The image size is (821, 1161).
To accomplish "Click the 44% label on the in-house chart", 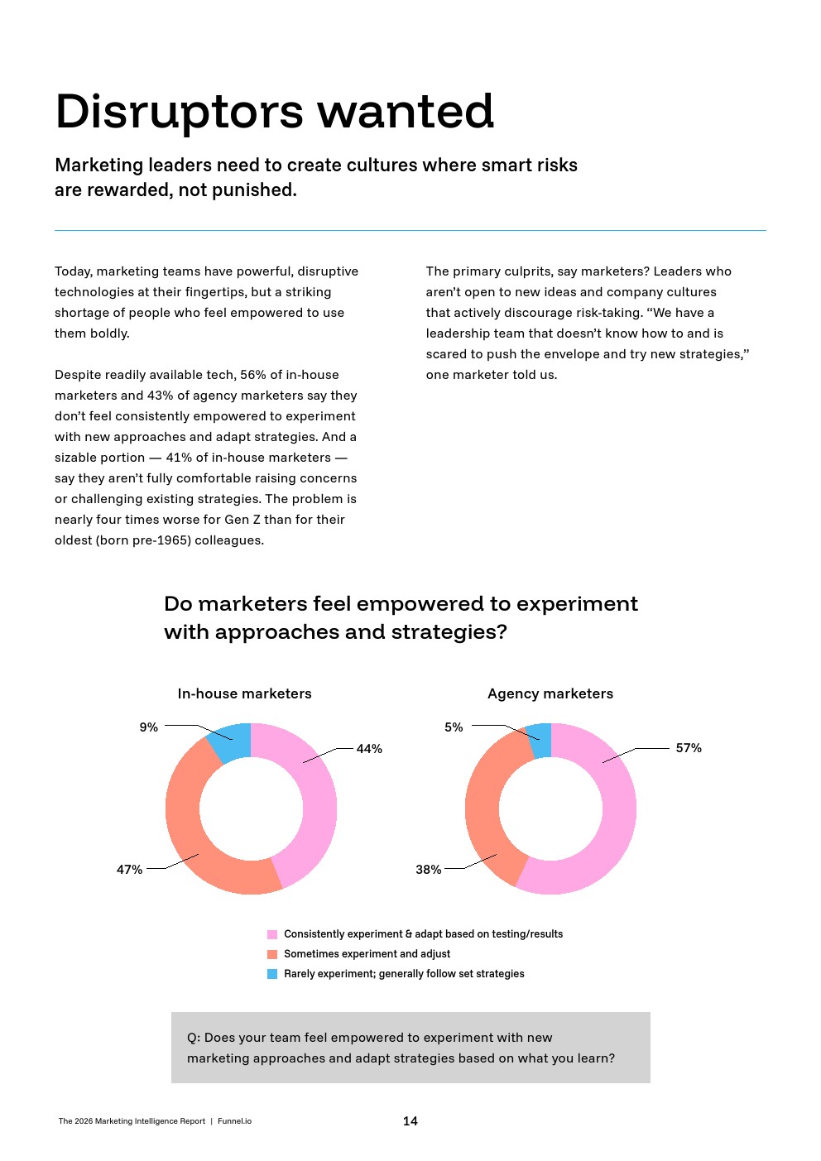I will [369, 749].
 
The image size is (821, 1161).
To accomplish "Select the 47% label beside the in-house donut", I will [129, 870].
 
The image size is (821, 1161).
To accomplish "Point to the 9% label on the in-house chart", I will [148, 727].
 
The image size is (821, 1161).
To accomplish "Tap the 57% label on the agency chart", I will [689, 748].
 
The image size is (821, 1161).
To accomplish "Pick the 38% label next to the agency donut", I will [428, 870].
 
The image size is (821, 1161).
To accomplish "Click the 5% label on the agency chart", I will [454, 727].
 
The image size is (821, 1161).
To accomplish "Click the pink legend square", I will [272, 934].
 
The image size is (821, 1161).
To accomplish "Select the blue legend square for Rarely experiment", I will [272, 974].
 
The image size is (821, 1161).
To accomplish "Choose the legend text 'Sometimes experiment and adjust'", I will [367, 954].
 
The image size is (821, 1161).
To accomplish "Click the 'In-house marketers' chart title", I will [244, 693].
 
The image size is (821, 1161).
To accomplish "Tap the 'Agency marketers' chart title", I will [550, 693].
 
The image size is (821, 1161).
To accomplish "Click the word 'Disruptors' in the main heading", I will [180, 112].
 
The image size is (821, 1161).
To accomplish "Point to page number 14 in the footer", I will [410, 1121].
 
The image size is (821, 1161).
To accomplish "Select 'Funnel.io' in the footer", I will [234, 1121].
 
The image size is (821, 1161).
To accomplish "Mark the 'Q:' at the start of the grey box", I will [194, 1038].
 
